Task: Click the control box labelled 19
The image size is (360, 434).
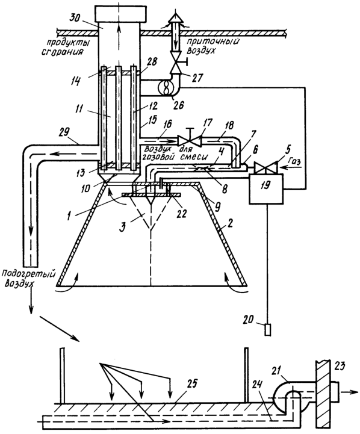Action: tap(265, 189)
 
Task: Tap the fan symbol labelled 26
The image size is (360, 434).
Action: tap(166, 88)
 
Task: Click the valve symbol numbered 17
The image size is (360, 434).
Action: tap(190, 140)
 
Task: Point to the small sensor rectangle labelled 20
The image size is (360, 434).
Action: tap(267, 330)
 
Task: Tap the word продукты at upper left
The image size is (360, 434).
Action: tap(69, 43)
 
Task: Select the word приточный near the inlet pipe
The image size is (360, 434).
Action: tap(213, 42)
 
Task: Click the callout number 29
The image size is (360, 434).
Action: tap(64, 132)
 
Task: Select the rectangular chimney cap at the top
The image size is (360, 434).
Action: tap(120, 13)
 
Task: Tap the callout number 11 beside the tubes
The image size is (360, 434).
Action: tap(79, 109)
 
